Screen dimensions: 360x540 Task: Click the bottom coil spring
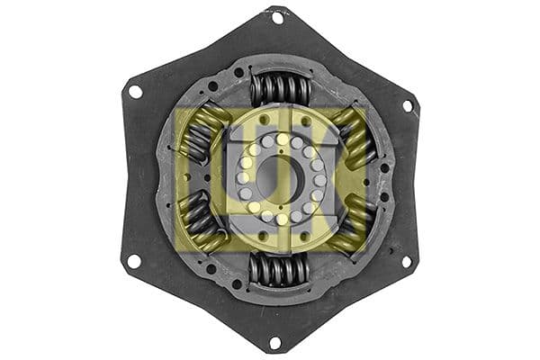pos(279,269)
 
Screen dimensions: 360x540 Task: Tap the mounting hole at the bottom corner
pos(275,342)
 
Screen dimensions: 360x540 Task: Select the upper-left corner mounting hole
pos(135,91)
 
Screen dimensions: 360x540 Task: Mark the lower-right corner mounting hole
pos(407,262)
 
